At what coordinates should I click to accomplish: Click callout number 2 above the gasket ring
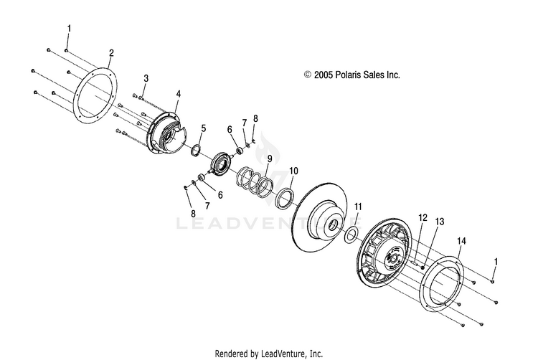click(x=111, y=53)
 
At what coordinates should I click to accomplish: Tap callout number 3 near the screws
click(x=146, y=77)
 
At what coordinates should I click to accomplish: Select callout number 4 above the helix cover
click(x=178, y=93)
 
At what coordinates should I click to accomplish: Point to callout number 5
click(x=203, y=128)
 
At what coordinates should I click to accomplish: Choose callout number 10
click(x=293, y=171)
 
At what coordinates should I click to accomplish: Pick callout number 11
click(x=358, y=207)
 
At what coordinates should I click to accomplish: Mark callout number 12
click(x=423, y=217)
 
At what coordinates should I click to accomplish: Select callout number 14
click(x=462, y=242)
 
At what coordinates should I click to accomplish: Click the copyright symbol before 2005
click(x=308, y=75)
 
